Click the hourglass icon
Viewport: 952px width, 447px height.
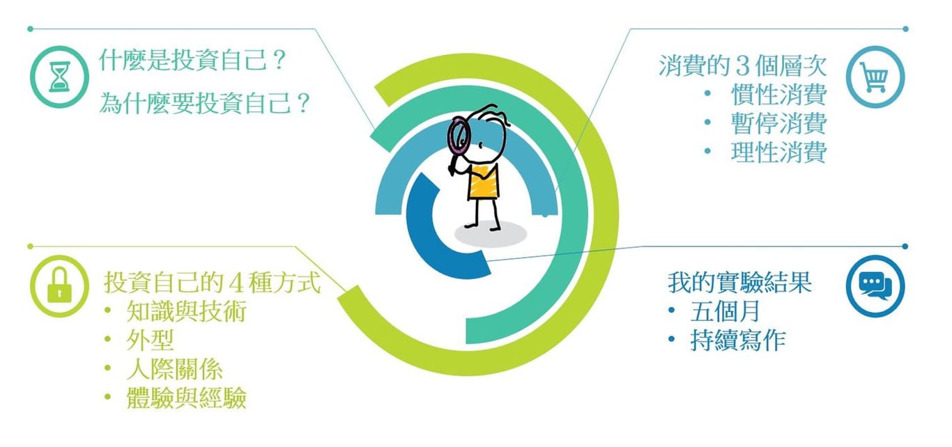pos(59,77)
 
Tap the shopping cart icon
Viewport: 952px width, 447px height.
pos(875,77)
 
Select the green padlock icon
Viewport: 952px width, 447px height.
pos(59,285)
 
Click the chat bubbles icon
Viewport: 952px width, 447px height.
pos(875,285)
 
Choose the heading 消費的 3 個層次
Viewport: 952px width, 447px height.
pos(742,66)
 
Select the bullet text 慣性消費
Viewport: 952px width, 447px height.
pos(778,94)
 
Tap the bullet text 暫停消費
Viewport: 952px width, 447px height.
pos(778,123)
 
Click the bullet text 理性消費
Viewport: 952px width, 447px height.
pos(778,152)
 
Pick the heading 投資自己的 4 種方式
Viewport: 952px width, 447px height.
pos(212,282)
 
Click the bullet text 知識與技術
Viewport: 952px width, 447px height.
pos(187,311)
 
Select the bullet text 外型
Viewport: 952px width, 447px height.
pos(151,340)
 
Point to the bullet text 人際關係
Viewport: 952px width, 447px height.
pos(175,369)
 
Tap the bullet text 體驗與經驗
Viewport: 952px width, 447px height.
pos(187,398)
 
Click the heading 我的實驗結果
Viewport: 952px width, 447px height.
pos(740,282)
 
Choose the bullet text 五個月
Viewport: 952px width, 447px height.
pos(725,311)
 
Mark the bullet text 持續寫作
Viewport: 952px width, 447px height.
pos(738,340)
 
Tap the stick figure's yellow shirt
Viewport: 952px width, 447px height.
pos(483,182)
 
